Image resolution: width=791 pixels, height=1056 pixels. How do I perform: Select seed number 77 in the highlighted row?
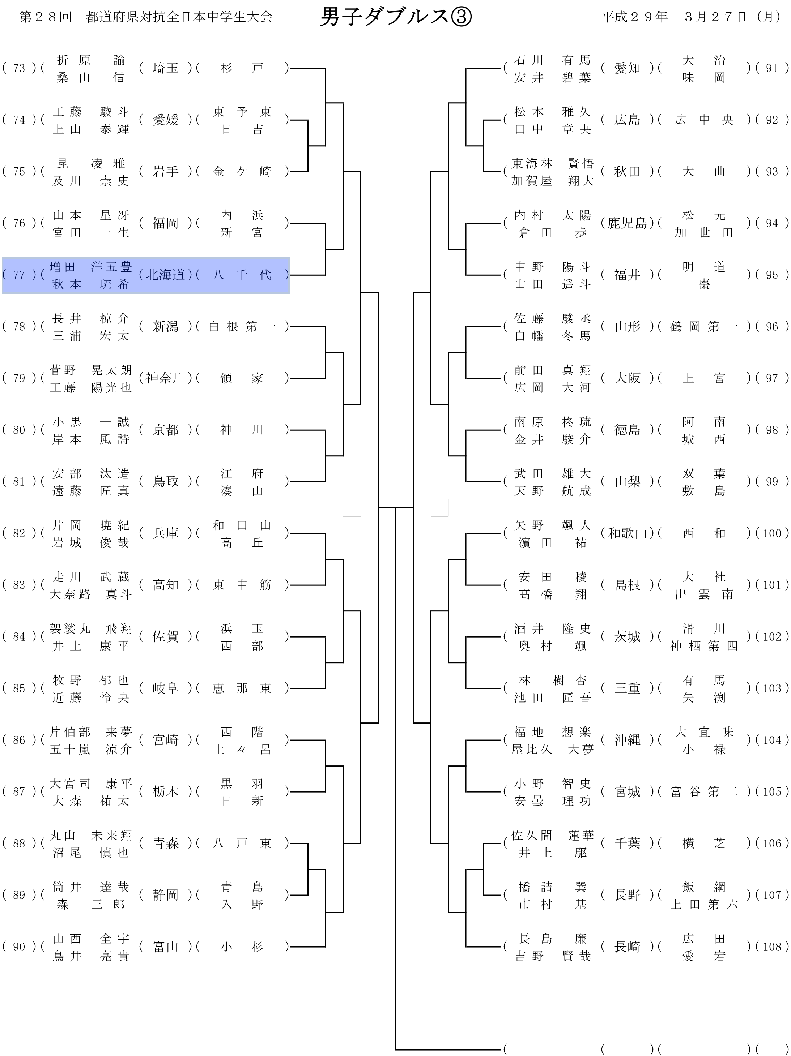[x=19, y=275]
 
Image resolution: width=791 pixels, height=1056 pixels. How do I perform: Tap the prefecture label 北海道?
[x=165, y=275]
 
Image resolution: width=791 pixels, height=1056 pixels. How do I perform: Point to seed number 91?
[x=771, y=68]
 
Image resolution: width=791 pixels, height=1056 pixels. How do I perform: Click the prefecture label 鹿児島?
[x=627, y=223]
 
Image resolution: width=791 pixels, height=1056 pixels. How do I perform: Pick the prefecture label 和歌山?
[x=627, y=533]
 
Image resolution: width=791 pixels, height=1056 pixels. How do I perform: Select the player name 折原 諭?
[x=90, y=60]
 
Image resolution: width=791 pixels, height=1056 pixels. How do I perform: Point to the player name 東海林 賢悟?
[x=552, y=163]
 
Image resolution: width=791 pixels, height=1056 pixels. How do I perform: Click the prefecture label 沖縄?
[x=627, y=740]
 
